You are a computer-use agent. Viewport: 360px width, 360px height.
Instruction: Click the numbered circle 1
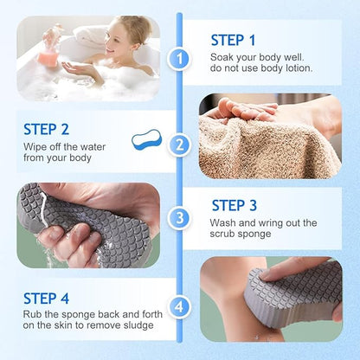tap(179, 59)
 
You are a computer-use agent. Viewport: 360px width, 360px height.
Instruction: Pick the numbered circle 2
tap(179, 144)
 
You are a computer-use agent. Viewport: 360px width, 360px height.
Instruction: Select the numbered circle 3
tap(179, 219)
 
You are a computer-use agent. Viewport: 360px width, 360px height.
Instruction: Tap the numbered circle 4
tap(179, 305)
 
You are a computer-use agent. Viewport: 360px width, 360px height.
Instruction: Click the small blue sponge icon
tap(146, 140)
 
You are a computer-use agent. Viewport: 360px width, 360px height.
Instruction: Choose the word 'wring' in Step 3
tap(273, 223)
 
